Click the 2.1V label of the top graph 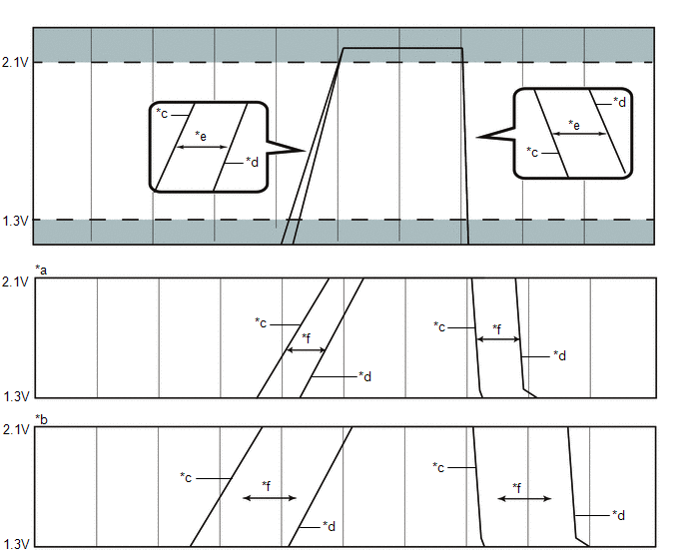[15, 63]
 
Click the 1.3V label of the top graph [15, 221]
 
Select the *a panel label [41, 270]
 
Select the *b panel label [41, 419]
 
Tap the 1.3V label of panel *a [16, 396]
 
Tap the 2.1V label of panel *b [16, 430]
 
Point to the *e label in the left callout [201, 136]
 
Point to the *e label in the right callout [574, 125]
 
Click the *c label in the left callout [162, 113]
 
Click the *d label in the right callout [619, 102]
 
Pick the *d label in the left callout [252, 162]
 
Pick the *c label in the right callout [532, 152]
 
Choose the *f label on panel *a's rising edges [307, 338]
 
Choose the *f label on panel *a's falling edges [497, 328]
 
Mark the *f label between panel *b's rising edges [267, 486]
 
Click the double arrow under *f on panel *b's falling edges [524, 498]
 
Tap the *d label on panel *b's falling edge [619, 515]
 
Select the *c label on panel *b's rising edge [186, 477]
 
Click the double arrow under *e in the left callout [201, 147]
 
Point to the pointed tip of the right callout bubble [476, 137]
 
